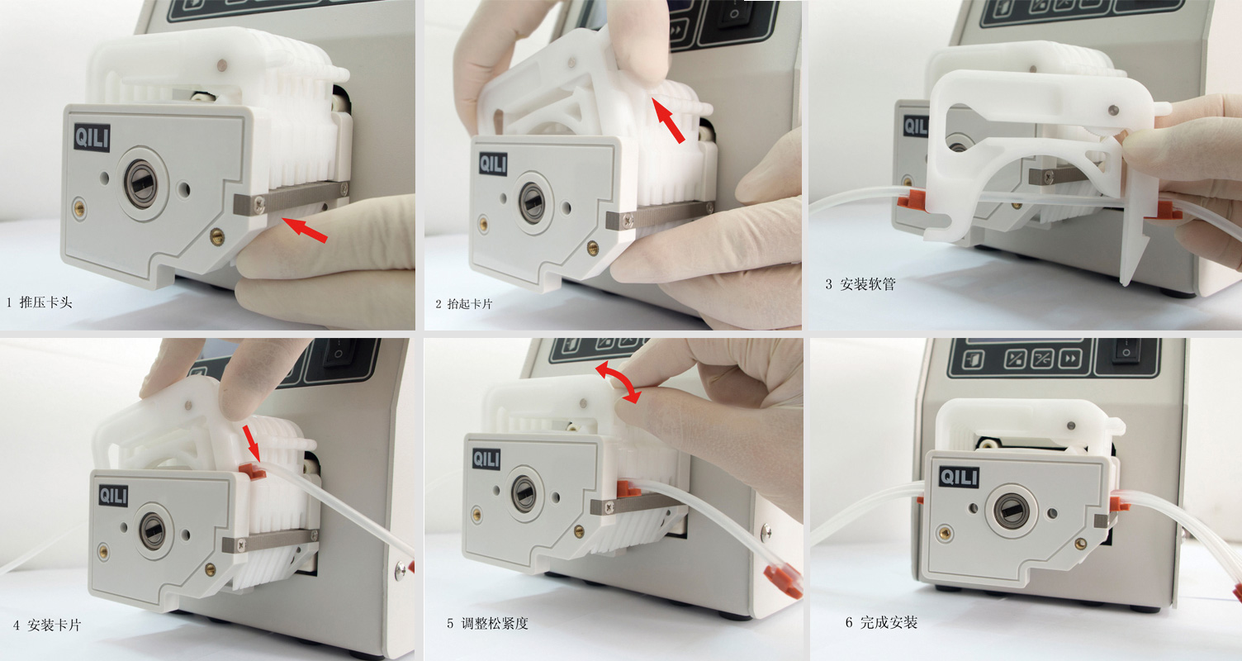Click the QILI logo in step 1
(92, 137)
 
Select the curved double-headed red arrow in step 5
(619, 382)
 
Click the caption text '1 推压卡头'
(40, 302)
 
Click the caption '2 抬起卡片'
(464, 304)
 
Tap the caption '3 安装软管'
(860, 284)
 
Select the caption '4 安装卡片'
(47, 625)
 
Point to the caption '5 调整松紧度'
(487, 624)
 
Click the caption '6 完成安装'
(881, 623)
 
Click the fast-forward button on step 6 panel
(1069, 359)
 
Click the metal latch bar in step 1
(289, 197)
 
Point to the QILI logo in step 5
(486, 459)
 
